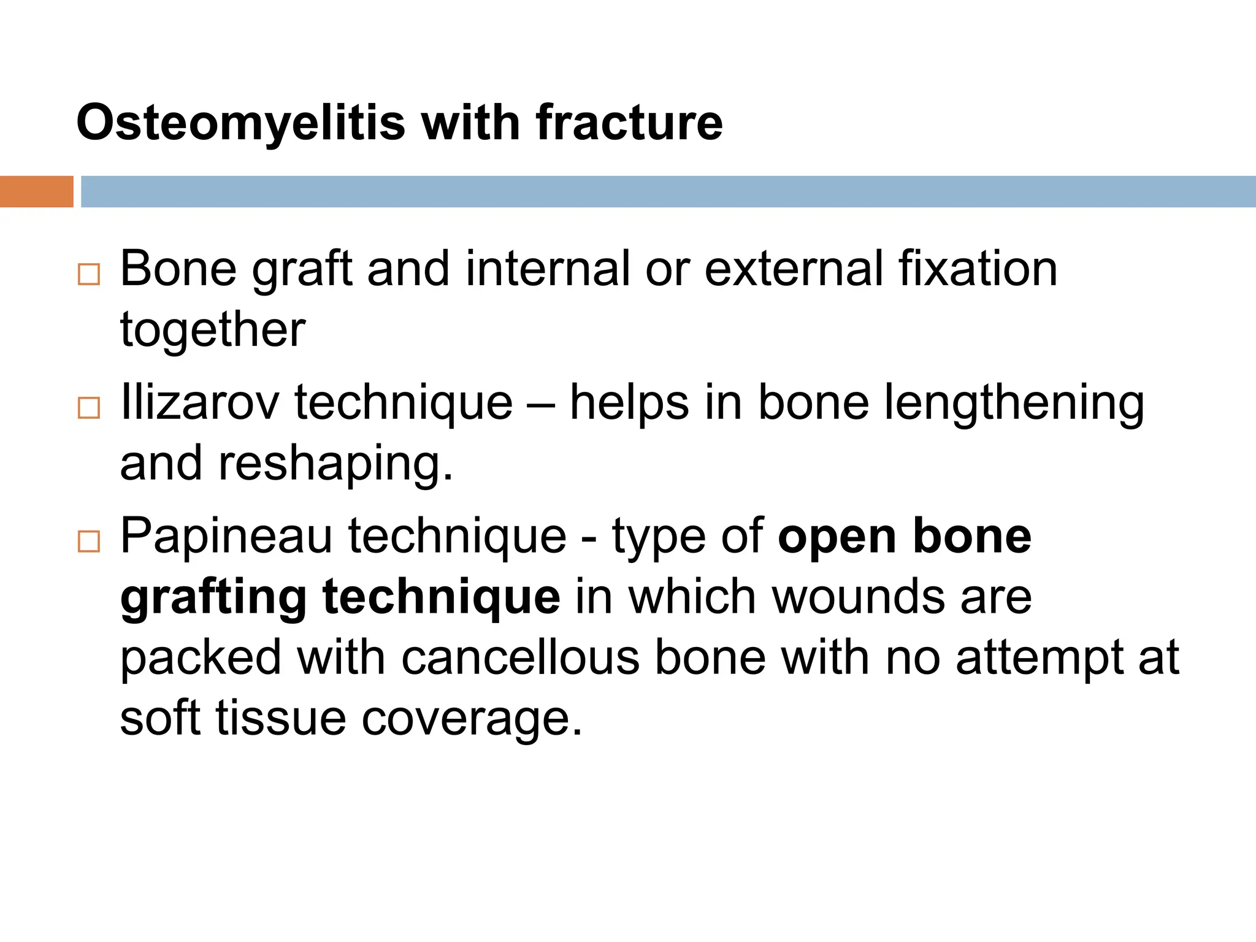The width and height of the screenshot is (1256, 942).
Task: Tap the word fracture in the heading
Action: click(629, 123)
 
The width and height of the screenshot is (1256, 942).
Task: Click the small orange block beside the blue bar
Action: click(36, 191)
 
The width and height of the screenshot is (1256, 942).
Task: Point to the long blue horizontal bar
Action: click(668, 191)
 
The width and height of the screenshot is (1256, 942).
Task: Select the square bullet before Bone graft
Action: click(89, 274)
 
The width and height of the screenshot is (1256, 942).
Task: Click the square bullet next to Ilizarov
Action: click(89, 408)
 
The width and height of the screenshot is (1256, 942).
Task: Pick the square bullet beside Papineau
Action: click(89, 542)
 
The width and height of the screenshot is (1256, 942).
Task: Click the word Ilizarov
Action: click(199, 402)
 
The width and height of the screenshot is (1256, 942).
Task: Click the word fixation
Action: click(978, 269)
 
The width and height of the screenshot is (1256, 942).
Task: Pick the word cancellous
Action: click(521, 657)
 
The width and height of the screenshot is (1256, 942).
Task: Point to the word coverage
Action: click(472, 719)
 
